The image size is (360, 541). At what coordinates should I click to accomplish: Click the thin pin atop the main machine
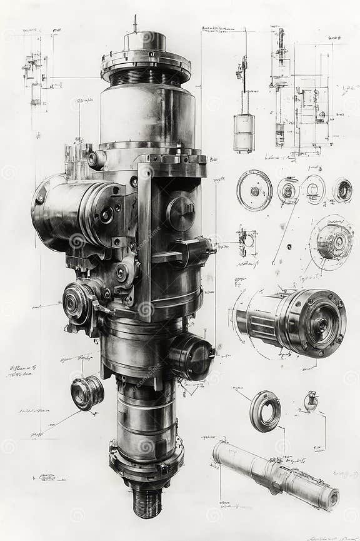coord(134,24)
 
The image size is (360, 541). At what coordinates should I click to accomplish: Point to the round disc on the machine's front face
coord(181,213)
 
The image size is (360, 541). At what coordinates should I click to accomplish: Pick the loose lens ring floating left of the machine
coord(87,392)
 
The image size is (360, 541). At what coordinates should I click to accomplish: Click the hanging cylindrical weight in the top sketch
coord(244,133)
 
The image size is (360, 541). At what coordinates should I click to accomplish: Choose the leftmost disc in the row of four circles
coord(254,191)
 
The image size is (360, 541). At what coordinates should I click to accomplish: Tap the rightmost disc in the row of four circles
coord(342,190)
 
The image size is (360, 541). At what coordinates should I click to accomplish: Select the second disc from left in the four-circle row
coord(288,190)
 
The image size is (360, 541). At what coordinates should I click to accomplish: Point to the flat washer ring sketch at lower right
coord(265,411)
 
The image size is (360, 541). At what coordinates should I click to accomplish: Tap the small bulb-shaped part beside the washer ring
coord(311,401)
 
